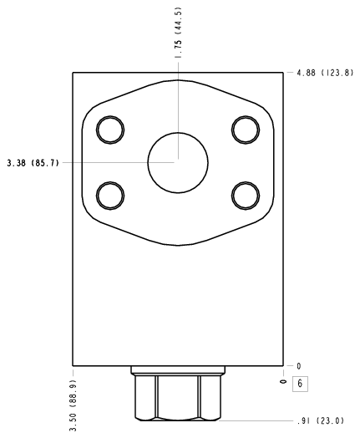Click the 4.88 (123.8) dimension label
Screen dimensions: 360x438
pyautogui.click(x=325, y=73)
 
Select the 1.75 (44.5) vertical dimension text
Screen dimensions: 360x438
pyautogui.click(x=178, y=33)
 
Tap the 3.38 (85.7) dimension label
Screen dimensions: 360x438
pyautogui.click(x=33, y=162)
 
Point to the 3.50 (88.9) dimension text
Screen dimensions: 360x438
pyautogui.click(x=73, y=405)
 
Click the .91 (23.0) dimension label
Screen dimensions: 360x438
pyautogui.click(x=321, y=420)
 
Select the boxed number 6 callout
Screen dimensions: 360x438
pyautogui.click(x=300, y=384)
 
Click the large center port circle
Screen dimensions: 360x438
pyautogui.click(x=178, y=162)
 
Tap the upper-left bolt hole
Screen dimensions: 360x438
pyautogui.click(x=110, y=130)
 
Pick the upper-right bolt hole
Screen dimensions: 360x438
pyautogui.click(x=246, y=130)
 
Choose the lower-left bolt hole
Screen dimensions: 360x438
pyautogui.click(x=110, y=196)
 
